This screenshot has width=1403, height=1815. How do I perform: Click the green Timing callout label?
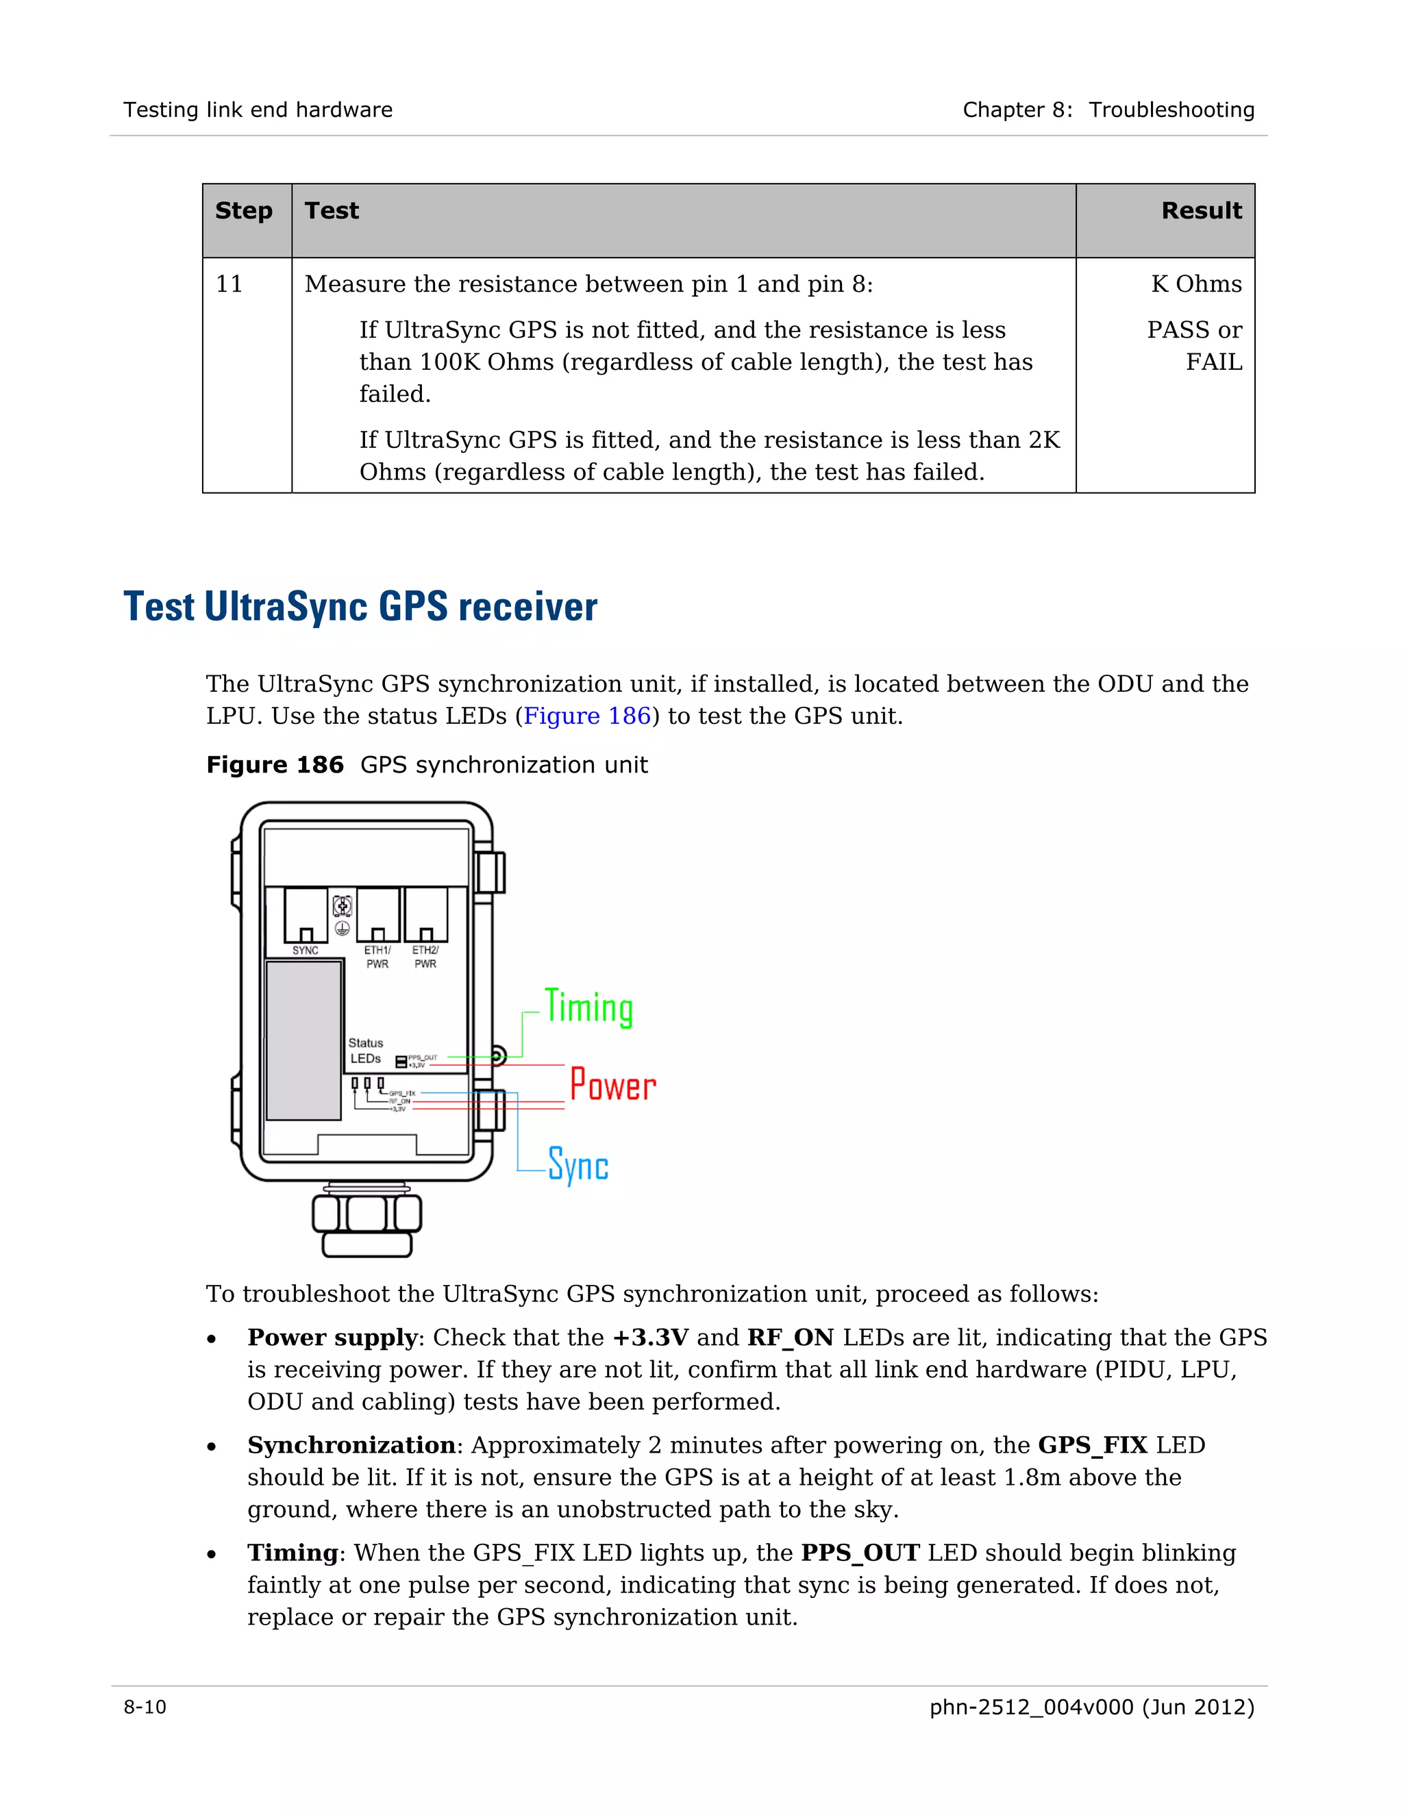(x=588, y=1008)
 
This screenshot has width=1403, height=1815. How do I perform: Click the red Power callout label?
(x=612, y=1086)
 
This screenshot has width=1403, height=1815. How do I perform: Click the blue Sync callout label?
(x=578, y=1165)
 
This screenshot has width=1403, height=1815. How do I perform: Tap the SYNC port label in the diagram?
(x=305, y=951)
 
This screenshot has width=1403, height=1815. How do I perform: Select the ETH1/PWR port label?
(x=377, y=957)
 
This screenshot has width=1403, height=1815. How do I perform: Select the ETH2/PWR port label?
(x=425, y=957)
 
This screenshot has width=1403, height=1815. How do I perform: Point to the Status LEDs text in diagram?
(x=366, y=1051)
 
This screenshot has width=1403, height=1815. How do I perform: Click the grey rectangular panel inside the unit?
(x=303, y=1040)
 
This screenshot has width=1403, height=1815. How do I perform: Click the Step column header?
(x=243, y=211)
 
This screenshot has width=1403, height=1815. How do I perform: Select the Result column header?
(x=1201, y=211)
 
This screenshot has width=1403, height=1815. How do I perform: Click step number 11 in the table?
(x=229, y=284)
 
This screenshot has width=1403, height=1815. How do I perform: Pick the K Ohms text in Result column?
(x=1196, y=284)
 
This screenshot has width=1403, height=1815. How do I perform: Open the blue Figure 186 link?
(x=587, y=716)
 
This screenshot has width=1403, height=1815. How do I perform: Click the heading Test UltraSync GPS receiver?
(x=360, y=607)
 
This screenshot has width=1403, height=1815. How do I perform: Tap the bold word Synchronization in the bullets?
(x=351, y=1445)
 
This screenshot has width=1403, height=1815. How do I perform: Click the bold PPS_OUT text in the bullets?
(x=860, y=1553)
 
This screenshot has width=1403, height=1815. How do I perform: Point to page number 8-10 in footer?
(x=145, y=1707)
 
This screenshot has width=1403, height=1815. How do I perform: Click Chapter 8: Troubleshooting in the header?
(x=1108, y=110)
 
